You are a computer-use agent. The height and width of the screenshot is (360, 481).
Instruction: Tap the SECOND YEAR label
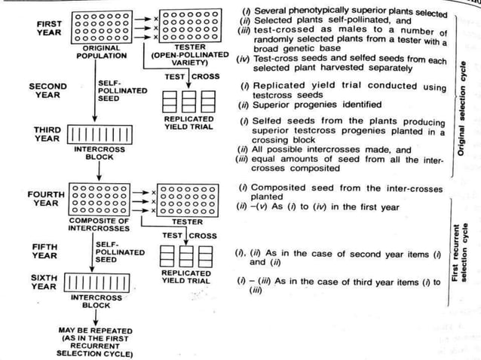[x=47, y=91]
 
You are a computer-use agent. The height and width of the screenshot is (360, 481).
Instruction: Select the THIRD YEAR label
[x=47, y=133]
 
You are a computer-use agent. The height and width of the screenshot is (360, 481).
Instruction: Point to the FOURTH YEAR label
[x=47, y=199]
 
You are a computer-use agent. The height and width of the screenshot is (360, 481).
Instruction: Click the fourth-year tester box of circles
[x=188, y=199]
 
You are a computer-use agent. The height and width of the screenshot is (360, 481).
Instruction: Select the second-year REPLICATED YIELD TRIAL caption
[x=187, y=124]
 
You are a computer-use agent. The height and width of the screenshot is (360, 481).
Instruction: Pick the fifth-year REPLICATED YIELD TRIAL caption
[x=186, y=277]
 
